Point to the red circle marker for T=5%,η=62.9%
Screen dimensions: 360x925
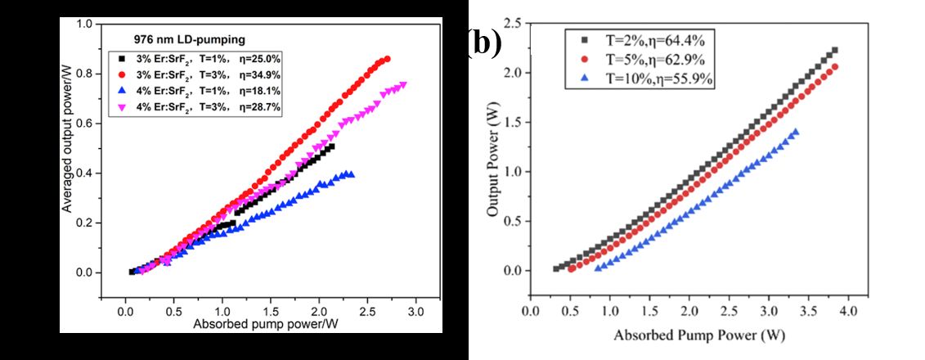pos(583,60)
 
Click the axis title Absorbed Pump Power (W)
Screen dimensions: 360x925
pos(693,335)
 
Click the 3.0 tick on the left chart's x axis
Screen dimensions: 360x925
pos(415,313)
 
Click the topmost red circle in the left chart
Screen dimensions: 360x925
pos(387,59)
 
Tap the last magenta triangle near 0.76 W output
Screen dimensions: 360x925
pos(403,84)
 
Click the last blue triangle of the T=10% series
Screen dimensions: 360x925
pos(795,132)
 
